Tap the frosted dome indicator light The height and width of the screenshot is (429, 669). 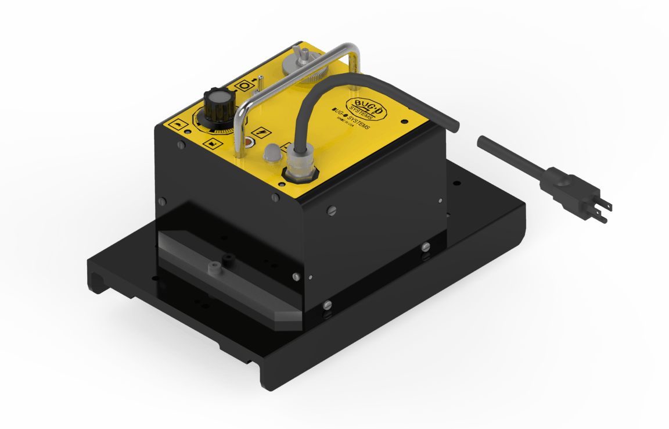pyautogui.click(x=271, y=153)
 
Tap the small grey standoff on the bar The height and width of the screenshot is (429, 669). pyautogui.click(x=214, y=267)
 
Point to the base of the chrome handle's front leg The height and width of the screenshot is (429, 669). pyautogui.click(x=238, y=154)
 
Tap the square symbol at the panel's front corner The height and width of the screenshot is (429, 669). pyautogui.click(x=176, y=125)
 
